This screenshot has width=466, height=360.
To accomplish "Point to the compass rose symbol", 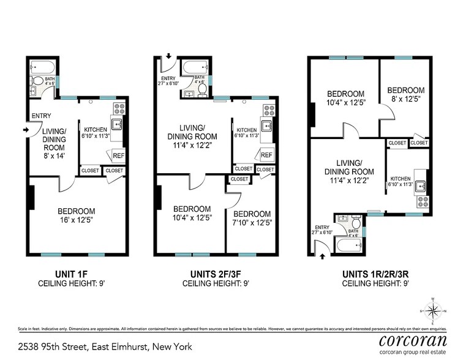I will point(433,310).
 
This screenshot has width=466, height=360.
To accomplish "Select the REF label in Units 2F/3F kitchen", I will point(266,155).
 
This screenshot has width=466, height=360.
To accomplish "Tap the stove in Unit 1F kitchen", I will point(118,111).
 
